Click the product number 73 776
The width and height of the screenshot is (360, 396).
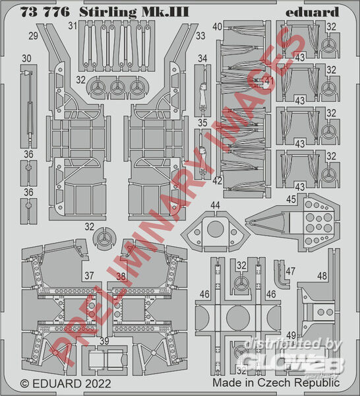tap(45, 13)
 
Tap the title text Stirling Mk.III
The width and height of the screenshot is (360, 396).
tap(134, 13)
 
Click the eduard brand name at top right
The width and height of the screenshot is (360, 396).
tap(312, 13)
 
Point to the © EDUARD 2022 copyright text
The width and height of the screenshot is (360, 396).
tap(65, 383)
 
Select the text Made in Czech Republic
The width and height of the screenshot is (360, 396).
tap(276, 383)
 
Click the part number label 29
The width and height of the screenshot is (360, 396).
tap(33, 36)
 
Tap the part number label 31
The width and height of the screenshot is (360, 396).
tap(73, 26)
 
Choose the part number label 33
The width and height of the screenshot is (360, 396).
tap(200, 36)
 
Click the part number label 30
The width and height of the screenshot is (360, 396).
tap(26, 59)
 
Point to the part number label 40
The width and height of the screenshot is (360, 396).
tap(218, 26)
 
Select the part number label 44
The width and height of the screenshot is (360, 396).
tap(215, 205)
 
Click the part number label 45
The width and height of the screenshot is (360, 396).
tap(291, 199)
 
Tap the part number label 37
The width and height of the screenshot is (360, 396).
tap(89, 275)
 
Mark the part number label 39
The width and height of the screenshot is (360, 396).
tap(104, 341)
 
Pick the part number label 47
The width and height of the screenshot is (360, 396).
tap(290, 271)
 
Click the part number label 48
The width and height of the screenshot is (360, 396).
tap(322, 276)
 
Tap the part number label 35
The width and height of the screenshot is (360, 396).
tap(202, 123)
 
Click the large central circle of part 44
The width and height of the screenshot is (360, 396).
tap(215, 229)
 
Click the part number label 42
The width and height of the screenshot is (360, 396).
tap(217, 181)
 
